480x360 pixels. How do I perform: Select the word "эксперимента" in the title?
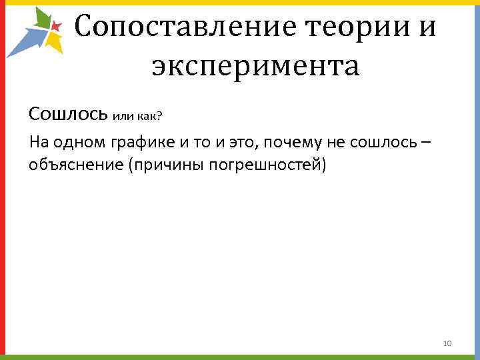coord(255,66)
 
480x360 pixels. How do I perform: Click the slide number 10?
coord(447,343)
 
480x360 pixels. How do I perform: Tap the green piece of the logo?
coord(42,19)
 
